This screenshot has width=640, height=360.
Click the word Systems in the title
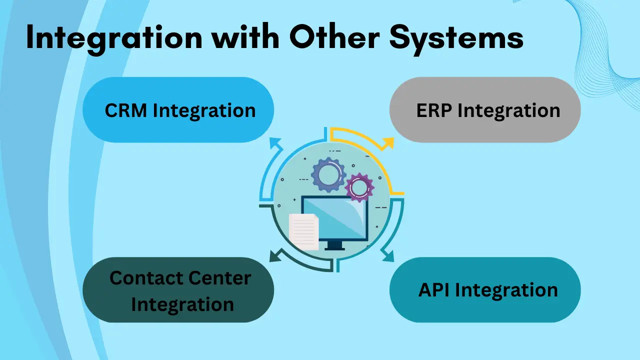(456, 39)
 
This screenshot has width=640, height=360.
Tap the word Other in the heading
(334, 36)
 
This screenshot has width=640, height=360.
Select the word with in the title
(245, 36)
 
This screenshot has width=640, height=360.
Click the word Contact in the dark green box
(146, 277)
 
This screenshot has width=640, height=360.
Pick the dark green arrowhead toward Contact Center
(275, 255)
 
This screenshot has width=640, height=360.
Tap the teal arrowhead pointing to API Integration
(388, 256)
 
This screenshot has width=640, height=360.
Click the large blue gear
(328, 175)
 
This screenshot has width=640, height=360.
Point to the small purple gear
(359, 187)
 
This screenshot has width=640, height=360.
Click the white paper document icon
(303, 231)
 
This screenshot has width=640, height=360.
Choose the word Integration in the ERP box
(509, 111)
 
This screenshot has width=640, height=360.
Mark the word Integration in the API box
(506, 291)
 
